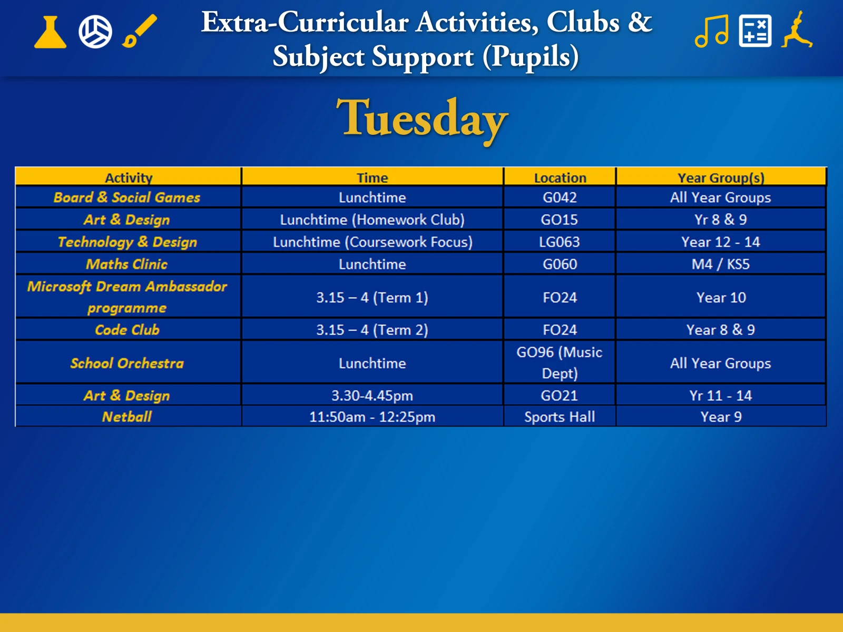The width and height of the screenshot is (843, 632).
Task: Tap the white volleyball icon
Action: click(x=95, y=32)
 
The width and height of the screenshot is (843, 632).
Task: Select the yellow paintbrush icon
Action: click(x=140, y=31)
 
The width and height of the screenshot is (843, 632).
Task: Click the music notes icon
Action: click(x=712, y=31)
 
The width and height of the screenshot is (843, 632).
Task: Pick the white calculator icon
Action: click(x=755, y=31)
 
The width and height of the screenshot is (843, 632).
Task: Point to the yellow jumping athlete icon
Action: click(x=797, y=29)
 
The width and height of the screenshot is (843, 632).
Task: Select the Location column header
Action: click(x=560, y=177)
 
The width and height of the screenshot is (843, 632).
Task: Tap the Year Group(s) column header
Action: click(x=721, y=177)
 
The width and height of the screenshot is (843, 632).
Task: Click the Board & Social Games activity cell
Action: click(x=127, y=197)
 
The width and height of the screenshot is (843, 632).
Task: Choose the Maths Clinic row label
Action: click(x=127, y=264)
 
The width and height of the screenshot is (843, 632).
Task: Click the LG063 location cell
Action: click(x=560, y=242)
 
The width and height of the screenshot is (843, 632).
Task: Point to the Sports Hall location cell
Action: click(x=560, y=417)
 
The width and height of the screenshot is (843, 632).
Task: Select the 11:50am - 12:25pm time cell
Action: click(x=372, y=417)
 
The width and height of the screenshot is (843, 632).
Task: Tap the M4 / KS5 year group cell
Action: click(x=720, y=264)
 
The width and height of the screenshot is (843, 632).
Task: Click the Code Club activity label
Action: click(x=127, y=330)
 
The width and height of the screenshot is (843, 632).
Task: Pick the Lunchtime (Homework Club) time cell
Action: click(x=372, y=220)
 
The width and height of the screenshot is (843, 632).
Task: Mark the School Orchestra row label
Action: click(x=127, y=363)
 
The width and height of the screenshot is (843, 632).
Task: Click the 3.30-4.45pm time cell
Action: click(x=372, y=395)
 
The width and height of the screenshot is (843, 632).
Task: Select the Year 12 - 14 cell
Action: click(x=720, y=242)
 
